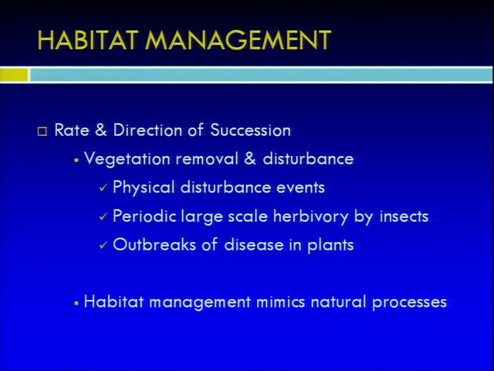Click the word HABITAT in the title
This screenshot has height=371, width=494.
click(x=88, y=40)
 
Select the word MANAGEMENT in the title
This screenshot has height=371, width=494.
click(x=238, y=40)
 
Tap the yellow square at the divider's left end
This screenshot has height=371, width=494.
click(x=14, y=75)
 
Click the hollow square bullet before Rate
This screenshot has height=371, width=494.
click(x=42, y=131)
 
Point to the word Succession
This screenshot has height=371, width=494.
click(x=250, y=130)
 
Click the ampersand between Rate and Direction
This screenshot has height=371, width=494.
click(x=101, y=130)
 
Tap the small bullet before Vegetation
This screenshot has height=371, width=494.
click(x=76, y=161)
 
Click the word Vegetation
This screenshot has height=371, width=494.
click(x=127, y=159)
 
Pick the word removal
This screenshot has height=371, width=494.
click(x=207, y=158)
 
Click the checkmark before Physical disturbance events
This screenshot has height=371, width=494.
click(x=103, y=188)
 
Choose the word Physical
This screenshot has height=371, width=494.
click(x=144, y=188)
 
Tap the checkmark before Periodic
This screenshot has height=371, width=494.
click(x=103, y=216)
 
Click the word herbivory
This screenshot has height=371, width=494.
click(x=310, y=216)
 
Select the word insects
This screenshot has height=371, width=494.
click(x=404, y=216)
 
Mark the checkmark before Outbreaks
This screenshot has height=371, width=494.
click(x=103, y=245)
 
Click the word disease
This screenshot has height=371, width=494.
click(x=254, y=245)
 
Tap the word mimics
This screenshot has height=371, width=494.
click(x=281, y=302)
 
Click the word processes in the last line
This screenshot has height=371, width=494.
click(x=410, y=303)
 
